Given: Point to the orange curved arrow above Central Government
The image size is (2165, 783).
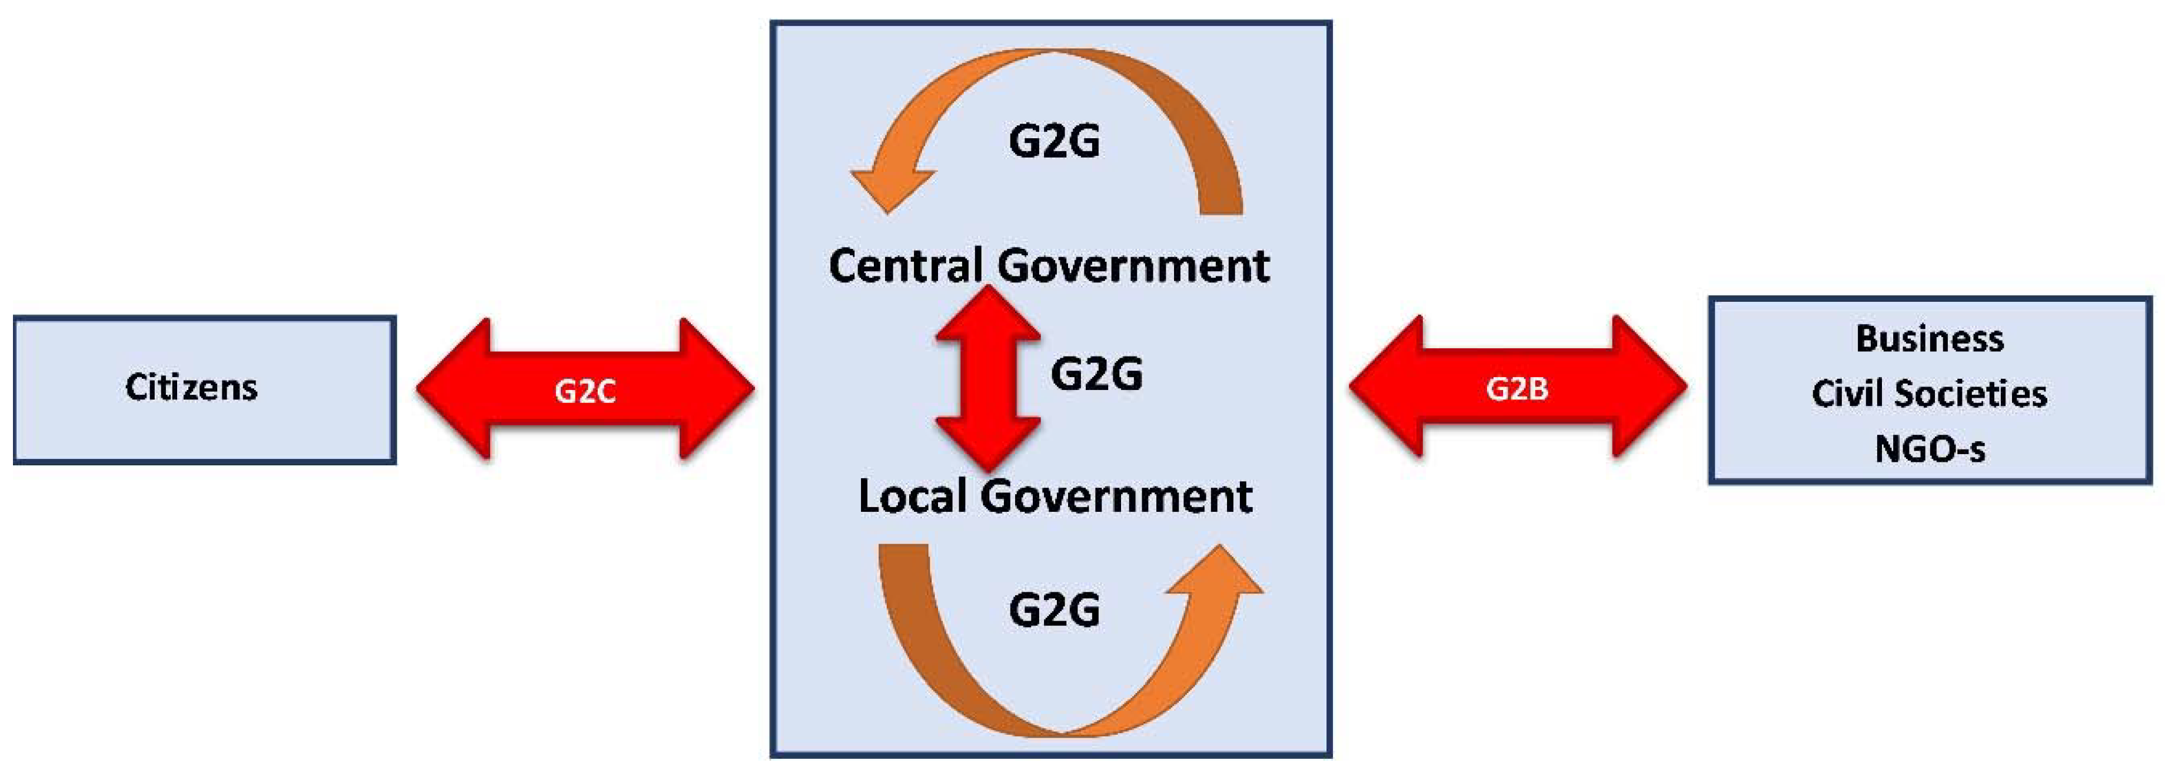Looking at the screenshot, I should click(x=1176, y=92).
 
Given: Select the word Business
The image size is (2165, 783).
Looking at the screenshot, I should click(x=1930, y=339).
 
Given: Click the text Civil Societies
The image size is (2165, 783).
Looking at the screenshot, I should click(x=1930, y=393).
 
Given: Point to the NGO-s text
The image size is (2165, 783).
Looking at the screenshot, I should click(x=1930, y=449).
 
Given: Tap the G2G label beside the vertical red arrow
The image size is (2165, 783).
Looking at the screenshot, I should click(x=1097, y=374).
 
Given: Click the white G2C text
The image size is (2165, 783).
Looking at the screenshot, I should click(x=585, y=391).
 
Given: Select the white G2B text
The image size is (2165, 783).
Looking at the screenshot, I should click(x=1517, y=388).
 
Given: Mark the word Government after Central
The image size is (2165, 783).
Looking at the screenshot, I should click(x=1134, y=267).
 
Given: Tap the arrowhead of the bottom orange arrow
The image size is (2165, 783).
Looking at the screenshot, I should click(x=1215, y=575).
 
